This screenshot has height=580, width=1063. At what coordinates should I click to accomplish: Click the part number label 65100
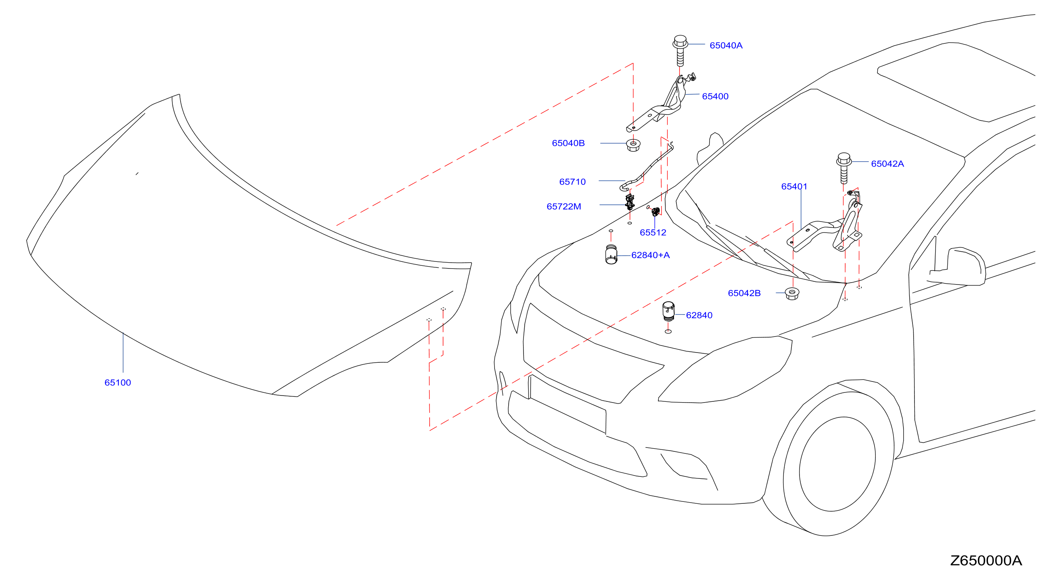[x=118, y=382]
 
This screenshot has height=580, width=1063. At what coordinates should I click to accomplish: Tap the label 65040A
[x=726, y=45]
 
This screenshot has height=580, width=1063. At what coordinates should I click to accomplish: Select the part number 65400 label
[x=715, y=96]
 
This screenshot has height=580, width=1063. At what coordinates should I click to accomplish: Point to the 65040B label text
[x=568, y=143]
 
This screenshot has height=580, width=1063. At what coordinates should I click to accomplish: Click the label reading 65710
[x=572, y=181]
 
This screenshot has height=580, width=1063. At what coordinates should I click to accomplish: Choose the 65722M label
[x=564, y=206]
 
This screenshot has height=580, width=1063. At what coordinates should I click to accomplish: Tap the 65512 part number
[x=653, y=232]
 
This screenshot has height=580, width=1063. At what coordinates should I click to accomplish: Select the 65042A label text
[x=887, y=164]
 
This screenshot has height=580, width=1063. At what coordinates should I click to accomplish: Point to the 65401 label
[x=794, y=186]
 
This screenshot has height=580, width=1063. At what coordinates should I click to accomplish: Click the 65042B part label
[x=744, y=293]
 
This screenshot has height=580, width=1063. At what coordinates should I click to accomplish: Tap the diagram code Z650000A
[x=986, y=560]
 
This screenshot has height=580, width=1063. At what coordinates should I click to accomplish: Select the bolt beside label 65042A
[x=844, y=168]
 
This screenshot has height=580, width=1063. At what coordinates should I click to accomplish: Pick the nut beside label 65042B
[x=792, y=294]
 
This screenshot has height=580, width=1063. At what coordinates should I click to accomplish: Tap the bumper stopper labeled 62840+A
[x=611, y=254]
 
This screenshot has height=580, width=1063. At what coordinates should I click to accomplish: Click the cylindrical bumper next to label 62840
[x=669, y=311]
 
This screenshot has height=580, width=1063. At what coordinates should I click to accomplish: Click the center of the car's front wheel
[x=837, y=464]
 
